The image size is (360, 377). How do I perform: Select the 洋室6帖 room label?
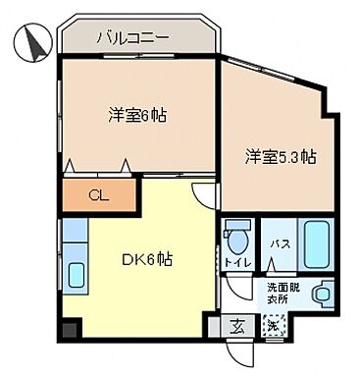point(136,115)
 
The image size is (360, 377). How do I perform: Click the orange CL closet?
point(98,193)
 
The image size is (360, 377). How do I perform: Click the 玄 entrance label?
point(239,326)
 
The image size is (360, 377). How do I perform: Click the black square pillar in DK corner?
point(66,329)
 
